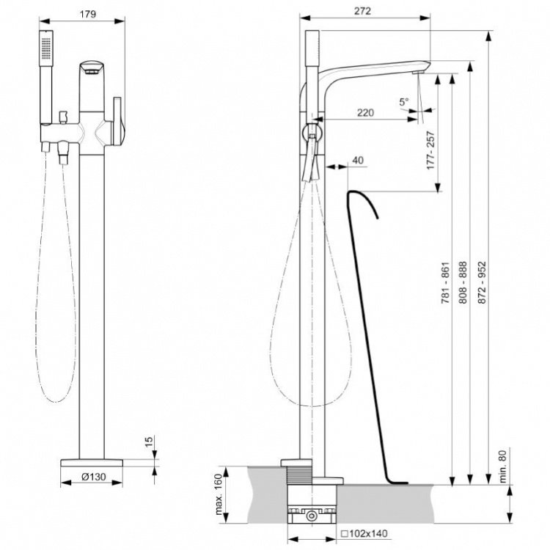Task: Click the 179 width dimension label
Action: pyautogui.click(x=88, y=14)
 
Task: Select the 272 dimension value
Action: pyautogui.click(x=362, y=11)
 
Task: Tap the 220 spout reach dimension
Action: pyautogui.click(x=365, y=113)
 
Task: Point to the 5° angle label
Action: pyautogui.click(x=404, y=102)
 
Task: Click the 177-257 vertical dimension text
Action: pyautogui.click(x=430, y=150)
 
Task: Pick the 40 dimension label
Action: pyautogui.click(x=357, y=161)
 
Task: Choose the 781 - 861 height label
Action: pyautogui.click(x=445, y=282)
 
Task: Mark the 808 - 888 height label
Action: pyautogui.click(x=463, y=282)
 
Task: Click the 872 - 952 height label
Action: pyautogui.click(x=483, y=282)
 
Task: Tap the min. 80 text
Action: pyautogui.click(x=503, y=466)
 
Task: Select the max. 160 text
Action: pyautogui.click(x=219, y=494)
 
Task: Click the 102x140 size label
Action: pyautogui.click(x=364, y=534)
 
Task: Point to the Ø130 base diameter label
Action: pyautogui.click(x=94, y=477)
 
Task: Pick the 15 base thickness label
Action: pyautogui.click(x=149, y=442)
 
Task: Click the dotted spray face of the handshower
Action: pyautogui.click(x=46, y=48)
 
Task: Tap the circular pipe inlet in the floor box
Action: pyautogui.click(x=311, y=516)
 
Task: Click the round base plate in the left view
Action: pyautogui.click(x=92, y=463)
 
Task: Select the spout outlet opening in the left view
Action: pyautogui.click(x=92, y=72)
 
